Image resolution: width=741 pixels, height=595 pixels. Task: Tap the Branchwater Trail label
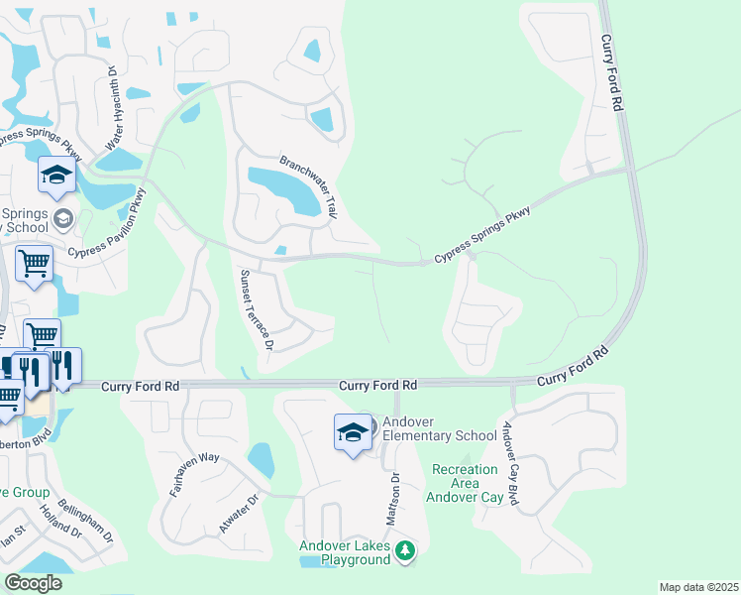[309, 188]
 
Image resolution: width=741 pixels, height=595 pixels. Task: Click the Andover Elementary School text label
[439, 428]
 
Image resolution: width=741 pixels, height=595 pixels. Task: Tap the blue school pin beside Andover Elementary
[353, 433]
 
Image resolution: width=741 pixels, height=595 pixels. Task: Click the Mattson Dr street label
[393, 491]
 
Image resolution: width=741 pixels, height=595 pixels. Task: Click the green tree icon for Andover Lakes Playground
[404, 550]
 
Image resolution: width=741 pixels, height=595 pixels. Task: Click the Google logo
[33, 583]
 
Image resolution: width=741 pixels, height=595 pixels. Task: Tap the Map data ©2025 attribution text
[697, 587]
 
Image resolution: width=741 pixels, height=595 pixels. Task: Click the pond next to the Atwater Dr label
[261, 460]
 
